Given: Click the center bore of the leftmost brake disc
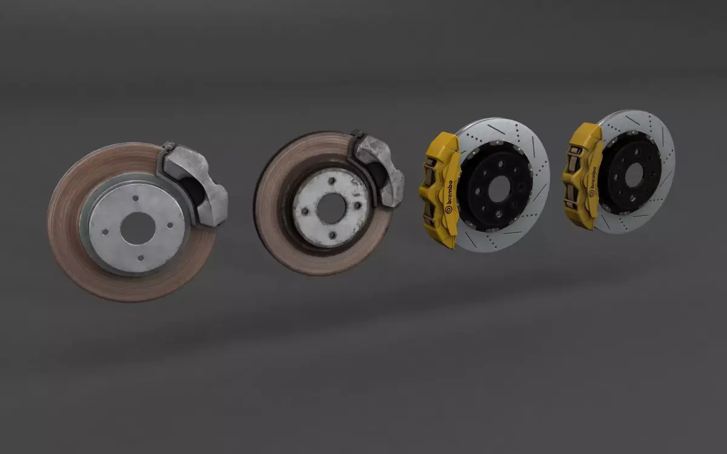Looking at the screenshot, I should click(138, 228).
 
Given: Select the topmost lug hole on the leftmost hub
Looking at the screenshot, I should click(134, 199).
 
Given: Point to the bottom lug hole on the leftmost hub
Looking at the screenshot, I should click(141, 258).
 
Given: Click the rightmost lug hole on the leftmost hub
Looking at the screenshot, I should click(170, 225).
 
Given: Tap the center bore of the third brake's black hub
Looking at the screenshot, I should click(498, 189).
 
